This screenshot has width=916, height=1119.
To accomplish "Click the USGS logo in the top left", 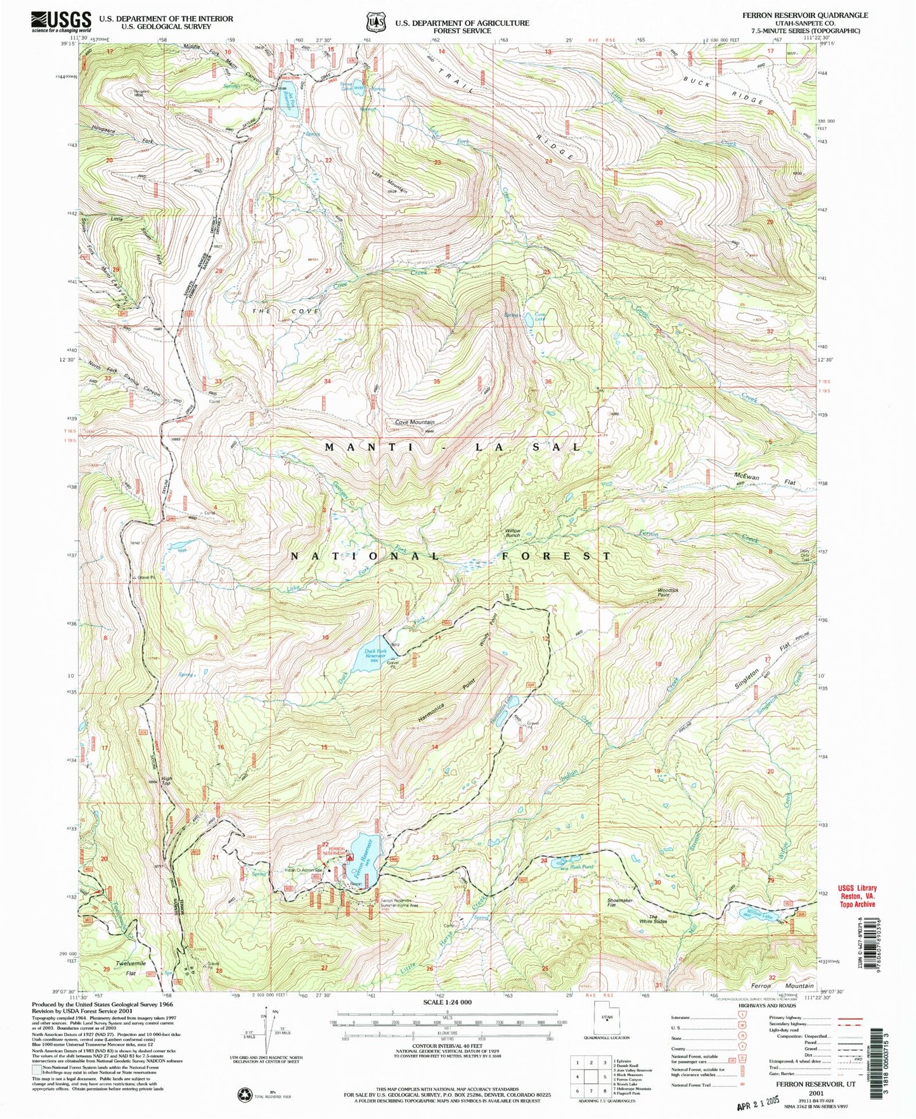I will point(61,22).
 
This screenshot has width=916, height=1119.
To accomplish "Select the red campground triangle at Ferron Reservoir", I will point(349,857).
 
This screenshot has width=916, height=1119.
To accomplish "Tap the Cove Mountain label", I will point(415,422).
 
